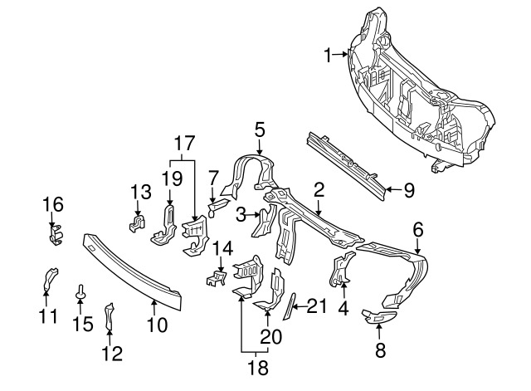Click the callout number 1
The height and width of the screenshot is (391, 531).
328,56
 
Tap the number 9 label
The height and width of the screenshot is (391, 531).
409,190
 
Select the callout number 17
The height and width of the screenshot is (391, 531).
184,144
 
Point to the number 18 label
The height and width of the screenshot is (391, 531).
258,367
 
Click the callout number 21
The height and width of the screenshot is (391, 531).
317,306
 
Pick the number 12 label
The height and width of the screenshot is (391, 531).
112,354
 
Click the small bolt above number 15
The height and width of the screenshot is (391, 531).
80,292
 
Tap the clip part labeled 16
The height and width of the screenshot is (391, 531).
56,234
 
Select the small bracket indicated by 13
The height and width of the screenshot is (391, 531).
137,222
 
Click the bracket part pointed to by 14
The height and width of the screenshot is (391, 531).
216,278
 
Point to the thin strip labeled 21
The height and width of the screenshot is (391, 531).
289,306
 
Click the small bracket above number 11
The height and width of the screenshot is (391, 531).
50,278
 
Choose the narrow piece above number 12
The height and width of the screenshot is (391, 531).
109,316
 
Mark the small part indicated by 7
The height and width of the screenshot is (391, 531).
217,207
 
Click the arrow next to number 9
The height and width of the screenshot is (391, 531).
394,190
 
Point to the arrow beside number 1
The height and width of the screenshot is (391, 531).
339,53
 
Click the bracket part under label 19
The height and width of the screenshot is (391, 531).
164,225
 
